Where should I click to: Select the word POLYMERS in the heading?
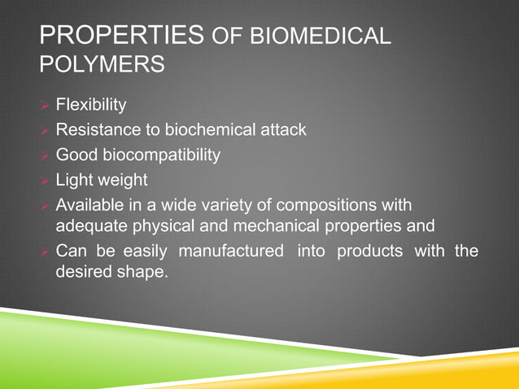102,64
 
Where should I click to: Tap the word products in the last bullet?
370,251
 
